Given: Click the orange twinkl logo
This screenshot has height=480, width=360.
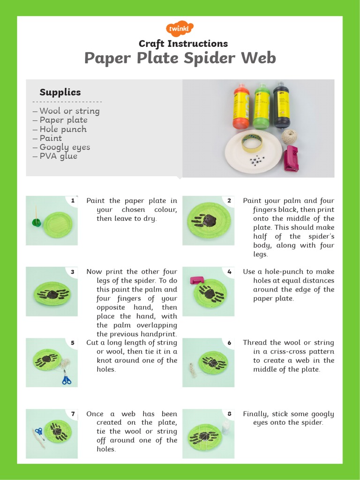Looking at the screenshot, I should point(180,29).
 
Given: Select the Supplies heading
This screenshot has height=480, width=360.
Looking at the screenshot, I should point(60,92).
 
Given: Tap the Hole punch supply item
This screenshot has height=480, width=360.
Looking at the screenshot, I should point(63,129).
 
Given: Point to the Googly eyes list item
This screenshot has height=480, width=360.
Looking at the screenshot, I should point(65,147).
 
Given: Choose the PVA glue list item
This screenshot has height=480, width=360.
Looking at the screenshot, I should point(58,156).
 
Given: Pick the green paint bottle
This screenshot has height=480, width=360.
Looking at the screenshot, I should point(261,106).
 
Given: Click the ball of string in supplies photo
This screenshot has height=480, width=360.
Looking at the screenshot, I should point(289,137).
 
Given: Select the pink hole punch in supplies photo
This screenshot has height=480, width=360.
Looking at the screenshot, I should point(291,158).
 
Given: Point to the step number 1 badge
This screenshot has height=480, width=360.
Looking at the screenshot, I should point(73,201).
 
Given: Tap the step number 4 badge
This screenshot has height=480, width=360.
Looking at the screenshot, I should point(229,271).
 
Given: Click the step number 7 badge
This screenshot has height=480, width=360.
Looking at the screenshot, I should point(73,414).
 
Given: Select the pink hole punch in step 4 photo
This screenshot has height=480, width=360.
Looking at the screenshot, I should point(195,280).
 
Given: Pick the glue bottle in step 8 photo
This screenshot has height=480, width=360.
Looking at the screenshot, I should point(226,427).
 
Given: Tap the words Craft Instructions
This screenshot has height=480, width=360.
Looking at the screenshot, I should point(183,44).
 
